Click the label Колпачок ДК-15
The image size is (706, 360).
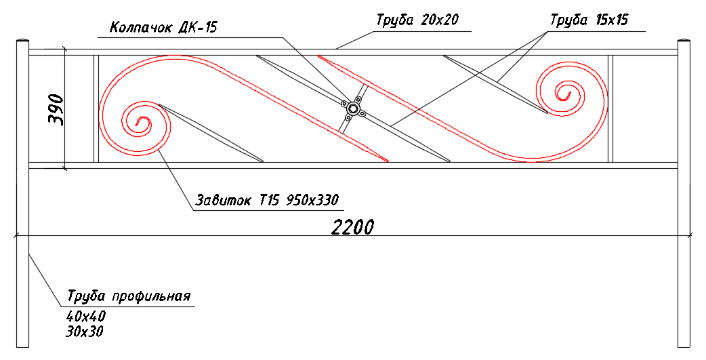tap(163, 28)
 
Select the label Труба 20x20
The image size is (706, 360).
tap(417, 21)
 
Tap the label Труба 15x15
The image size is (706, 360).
tap(589, 20)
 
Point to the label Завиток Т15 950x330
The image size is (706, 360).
tap(266, 199)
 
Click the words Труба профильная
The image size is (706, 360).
tap(129, 296)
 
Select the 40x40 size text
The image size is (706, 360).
tap(85, 317)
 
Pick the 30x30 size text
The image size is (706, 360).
tap(84, 332)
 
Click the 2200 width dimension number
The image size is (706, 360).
tap(352, 228)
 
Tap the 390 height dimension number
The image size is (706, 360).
tap(56, 110)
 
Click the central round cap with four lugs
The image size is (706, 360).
tap(353, 108)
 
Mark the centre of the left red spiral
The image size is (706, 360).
tap(143, 123)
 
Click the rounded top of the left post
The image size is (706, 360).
tap(22, 41)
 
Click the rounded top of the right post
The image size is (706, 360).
tap(684, 41)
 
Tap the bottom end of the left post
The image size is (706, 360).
tap(22, 347)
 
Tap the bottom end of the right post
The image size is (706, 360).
tap(684, 347)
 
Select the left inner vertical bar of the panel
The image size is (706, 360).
tap(96, 108)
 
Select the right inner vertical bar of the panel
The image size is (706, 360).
tap(610, 108)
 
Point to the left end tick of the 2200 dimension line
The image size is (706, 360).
tap(17, 235)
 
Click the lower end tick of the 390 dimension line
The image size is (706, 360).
tap(65, 169)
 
